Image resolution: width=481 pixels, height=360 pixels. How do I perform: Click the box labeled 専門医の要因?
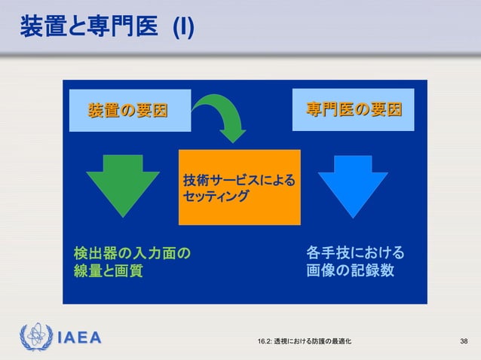353,110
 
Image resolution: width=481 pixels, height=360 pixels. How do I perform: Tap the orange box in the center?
239,187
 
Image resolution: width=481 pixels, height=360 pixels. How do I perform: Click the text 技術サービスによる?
239,181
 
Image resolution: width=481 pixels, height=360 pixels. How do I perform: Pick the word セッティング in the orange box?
216,197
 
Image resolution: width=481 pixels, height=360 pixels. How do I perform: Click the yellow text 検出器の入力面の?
131,252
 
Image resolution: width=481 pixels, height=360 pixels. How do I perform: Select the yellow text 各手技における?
354,252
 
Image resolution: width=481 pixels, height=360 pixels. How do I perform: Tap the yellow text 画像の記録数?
349,270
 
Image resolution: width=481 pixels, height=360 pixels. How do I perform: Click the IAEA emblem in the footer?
35,337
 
